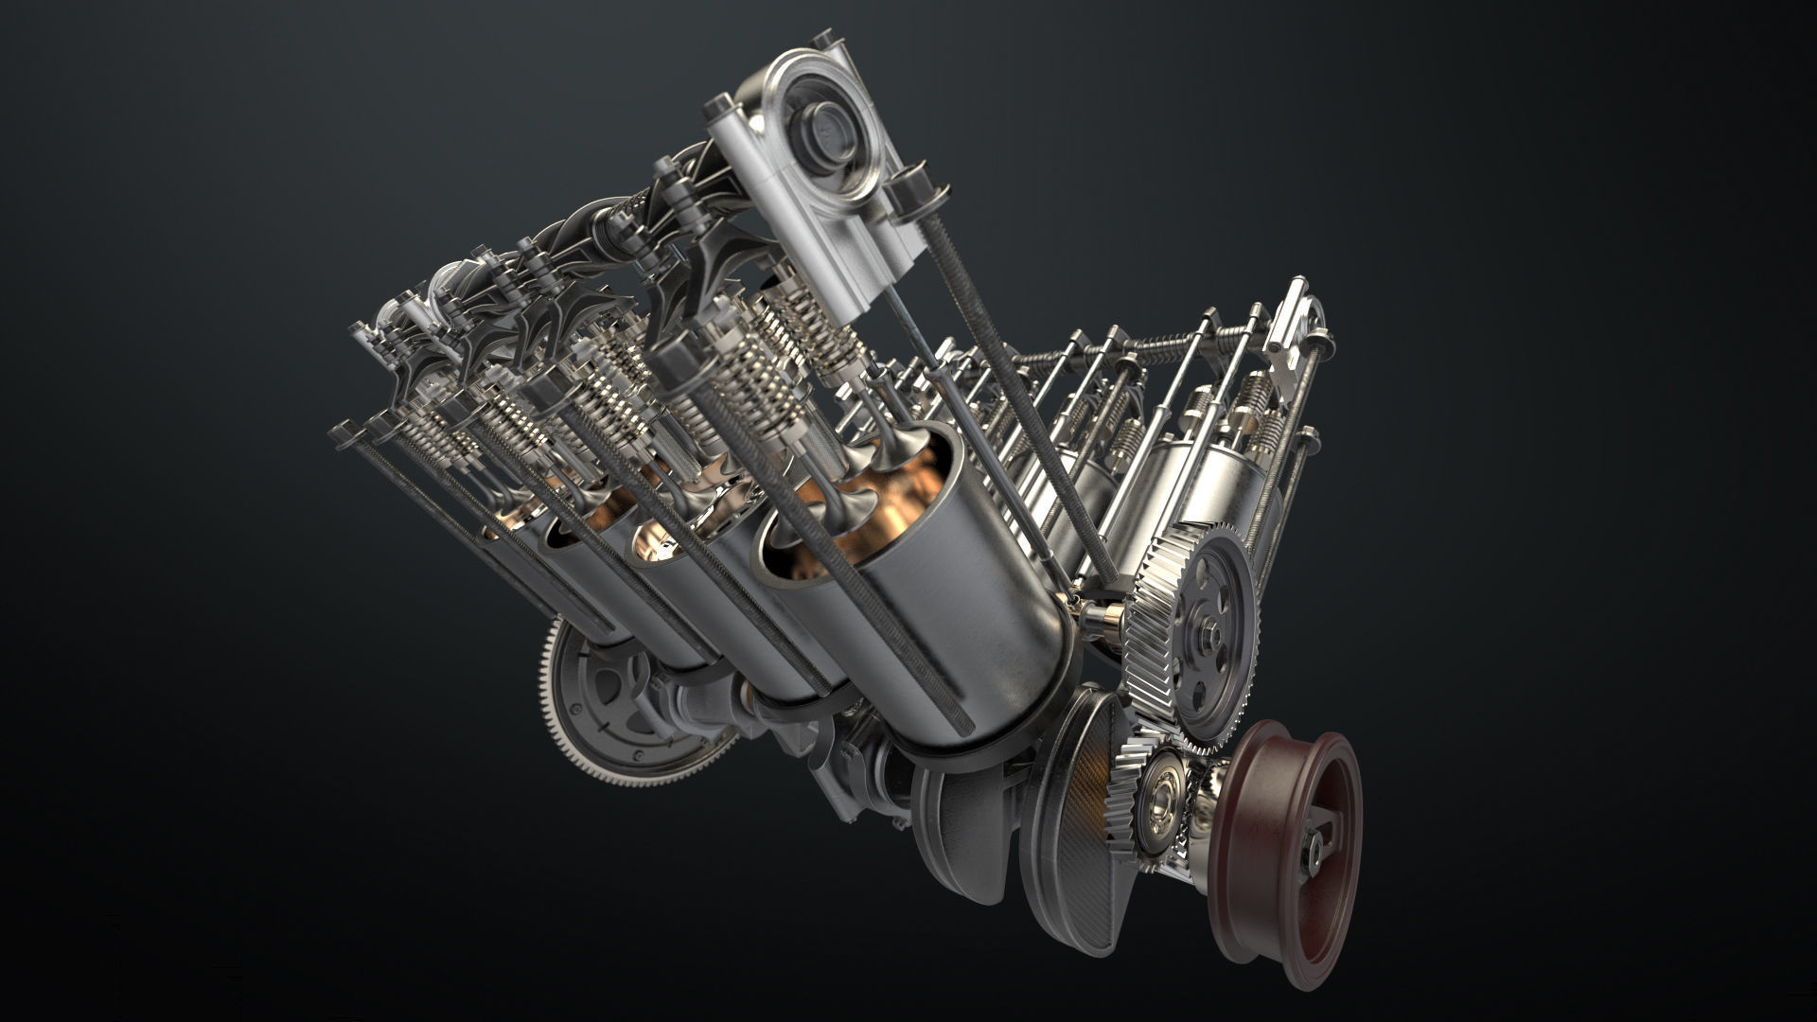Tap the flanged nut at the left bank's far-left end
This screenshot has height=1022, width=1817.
click(342, 432)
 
